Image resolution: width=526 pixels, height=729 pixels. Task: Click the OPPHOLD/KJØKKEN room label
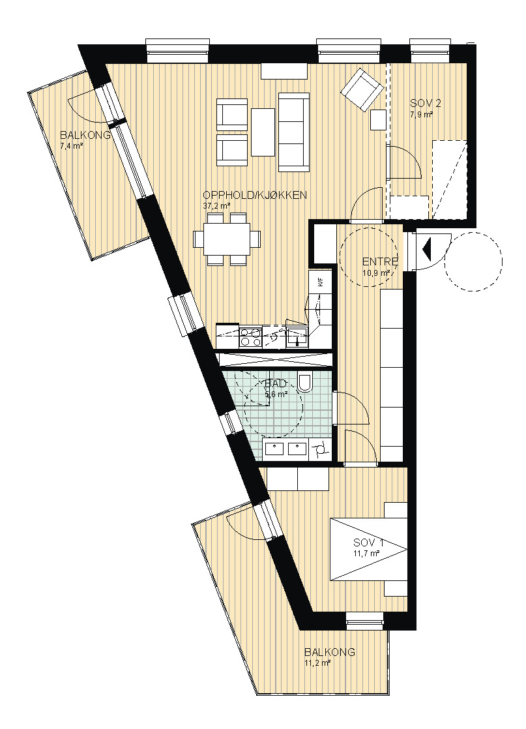click(x=255, y=195)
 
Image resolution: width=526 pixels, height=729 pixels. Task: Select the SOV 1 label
click(x=368, y=542)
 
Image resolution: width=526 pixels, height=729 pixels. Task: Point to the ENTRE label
click(x=380, y=261)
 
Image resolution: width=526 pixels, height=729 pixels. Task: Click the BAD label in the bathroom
click(x=275, y=385)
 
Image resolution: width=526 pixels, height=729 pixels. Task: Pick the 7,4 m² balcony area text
click(x=72, y=146)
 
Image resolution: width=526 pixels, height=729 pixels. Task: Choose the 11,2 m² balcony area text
click(x=317, y=663)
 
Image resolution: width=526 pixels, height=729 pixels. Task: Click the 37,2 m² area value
click(x=216, y=205)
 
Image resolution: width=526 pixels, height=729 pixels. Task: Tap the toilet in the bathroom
click(x=306, y=382)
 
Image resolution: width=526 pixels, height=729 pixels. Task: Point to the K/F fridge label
click(x=320, y=282)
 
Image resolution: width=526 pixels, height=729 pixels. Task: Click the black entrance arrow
click(x=426, y=248)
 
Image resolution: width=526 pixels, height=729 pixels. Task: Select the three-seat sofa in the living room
click(x=294, y=132)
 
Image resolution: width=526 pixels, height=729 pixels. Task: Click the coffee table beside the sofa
click(x=263, y=132)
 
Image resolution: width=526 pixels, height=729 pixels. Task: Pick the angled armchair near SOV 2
click(x=362, y=90)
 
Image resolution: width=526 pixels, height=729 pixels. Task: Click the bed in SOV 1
click(x=368, y=549)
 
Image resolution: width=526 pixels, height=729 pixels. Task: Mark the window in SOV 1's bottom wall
click(x=365, y=621)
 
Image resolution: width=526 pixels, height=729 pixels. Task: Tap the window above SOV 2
click(x=430, y=50)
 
